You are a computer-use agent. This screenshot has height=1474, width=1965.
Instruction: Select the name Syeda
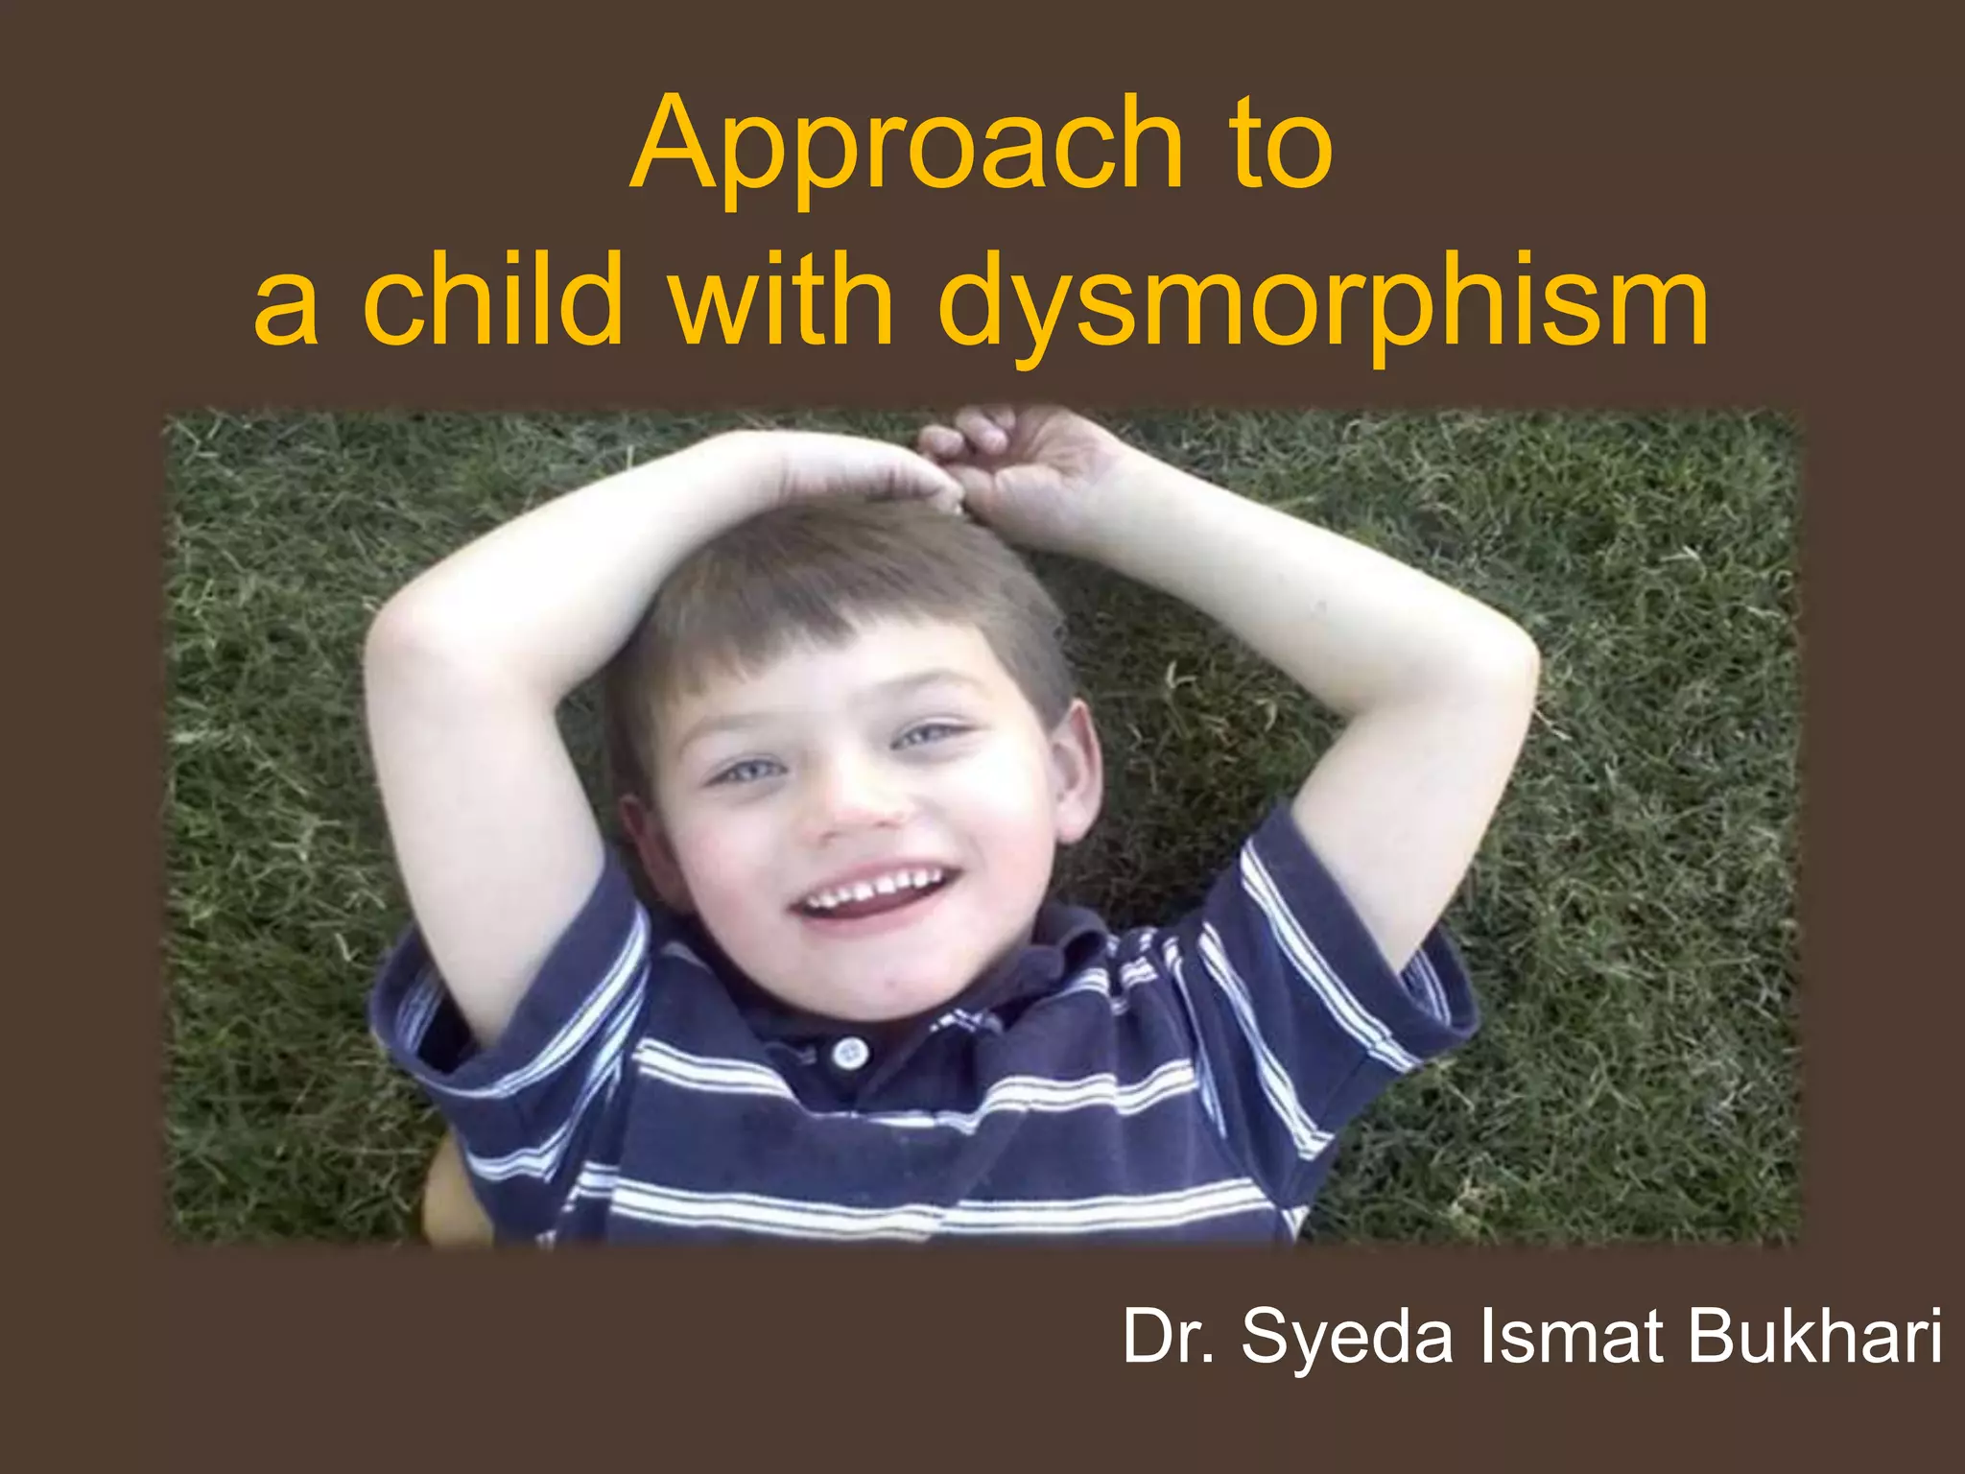1347,1338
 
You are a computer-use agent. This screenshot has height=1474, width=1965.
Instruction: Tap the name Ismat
1574,1336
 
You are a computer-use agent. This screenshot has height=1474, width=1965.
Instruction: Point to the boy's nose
857,806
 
